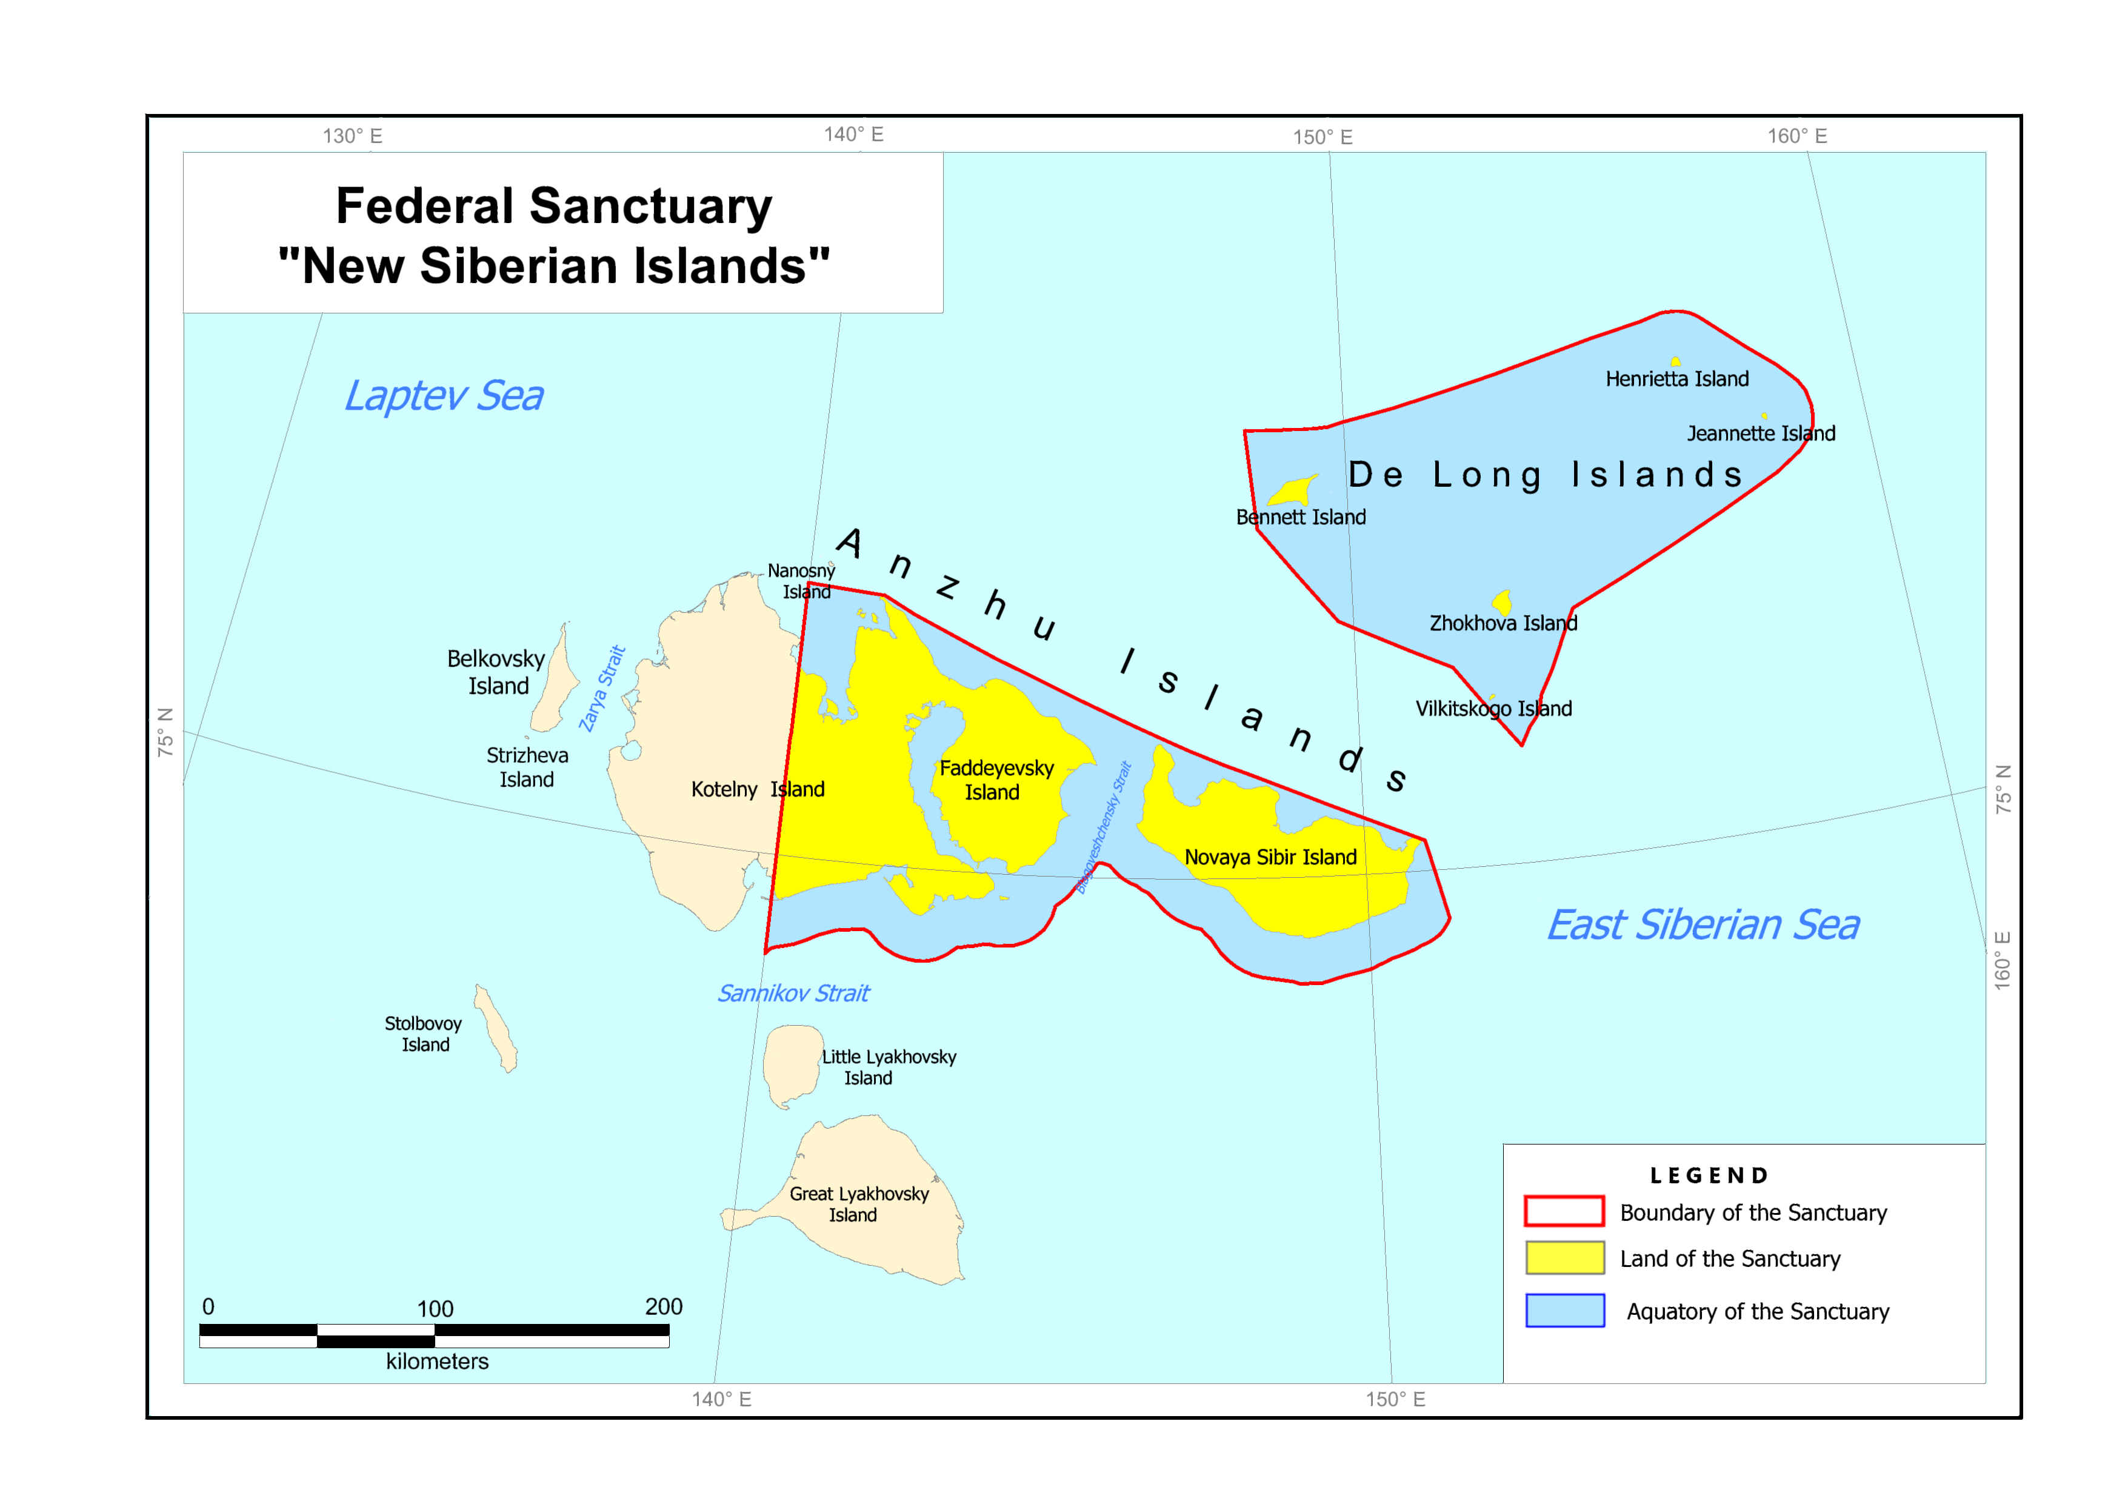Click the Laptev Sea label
pos(444,396)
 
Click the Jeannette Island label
pos(1760,433)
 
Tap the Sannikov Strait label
pos(793,994)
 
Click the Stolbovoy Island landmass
pos(496,1029)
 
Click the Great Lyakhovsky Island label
pos(858,1204)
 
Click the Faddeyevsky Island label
pos(995,780)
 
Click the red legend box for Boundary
pos(1564,1211)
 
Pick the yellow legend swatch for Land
pos(1564,1258)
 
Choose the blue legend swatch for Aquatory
pos(1564,1311)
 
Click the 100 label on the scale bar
pos(435,1309)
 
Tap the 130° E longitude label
pos(352,136)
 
